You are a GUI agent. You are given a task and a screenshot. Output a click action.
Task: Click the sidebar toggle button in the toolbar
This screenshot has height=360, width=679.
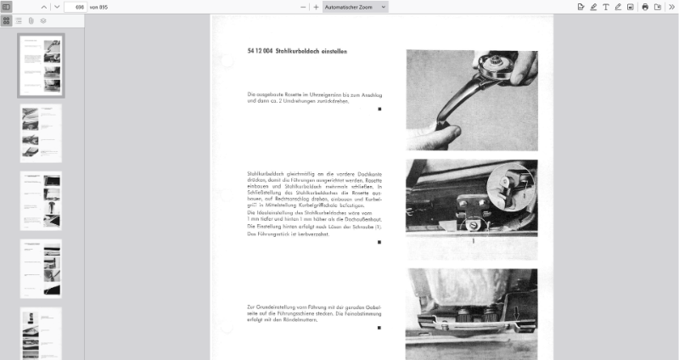pos(7,7)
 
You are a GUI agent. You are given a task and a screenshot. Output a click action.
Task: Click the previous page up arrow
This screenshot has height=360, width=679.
pos(44,7)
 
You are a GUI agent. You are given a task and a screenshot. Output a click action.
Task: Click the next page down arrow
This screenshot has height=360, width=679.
pos(56,7)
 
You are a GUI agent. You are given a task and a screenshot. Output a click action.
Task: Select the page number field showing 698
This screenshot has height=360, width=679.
pos(74,7)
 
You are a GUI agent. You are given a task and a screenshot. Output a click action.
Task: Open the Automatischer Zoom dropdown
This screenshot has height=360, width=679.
pos(355,7)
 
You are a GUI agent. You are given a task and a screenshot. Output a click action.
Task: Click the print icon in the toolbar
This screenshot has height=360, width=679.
pos(645,7)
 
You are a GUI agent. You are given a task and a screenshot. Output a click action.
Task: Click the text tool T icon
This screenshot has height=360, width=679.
pos(606,7)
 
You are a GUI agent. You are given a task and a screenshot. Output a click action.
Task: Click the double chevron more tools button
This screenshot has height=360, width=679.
pos(671,7)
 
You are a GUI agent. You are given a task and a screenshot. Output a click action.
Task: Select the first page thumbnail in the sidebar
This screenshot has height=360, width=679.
pos(41,65)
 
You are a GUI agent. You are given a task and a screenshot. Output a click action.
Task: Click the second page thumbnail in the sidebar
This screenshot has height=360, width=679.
pos(41,133)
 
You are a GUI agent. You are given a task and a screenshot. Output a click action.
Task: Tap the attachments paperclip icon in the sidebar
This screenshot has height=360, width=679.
pos(31,20)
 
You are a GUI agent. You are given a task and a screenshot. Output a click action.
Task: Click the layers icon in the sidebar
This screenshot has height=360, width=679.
pos(42,20)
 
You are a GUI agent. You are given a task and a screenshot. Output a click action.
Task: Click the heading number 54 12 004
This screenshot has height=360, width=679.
pos(260,52)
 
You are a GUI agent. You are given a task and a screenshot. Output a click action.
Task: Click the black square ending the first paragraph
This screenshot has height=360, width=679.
pos(379,110)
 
